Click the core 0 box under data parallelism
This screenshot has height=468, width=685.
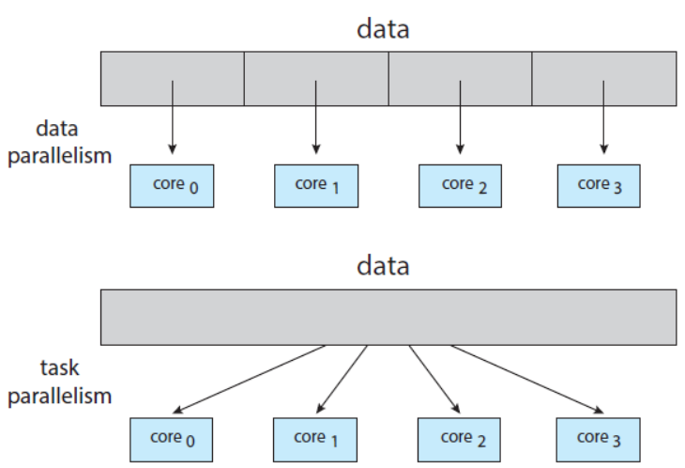click(x=172, y=186)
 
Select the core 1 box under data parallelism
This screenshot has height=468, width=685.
click(x=315, y=186)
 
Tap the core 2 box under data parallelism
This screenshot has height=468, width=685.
click(x=460, y=186)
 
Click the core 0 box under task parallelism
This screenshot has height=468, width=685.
click(x=172, y=439)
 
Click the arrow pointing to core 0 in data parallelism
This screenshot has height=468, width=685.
click(x=172, y=117)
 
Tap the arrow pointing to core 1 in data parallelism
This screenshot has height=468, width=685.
click(x=315, y=117)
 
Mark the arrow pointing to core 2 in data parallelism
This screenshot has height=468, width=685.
click(x=460, y=117)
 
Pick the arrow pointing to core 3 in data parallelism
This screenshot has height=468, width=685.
click(x=603, y=117)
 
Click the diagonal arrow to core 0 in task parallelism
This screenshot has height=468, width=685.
click(x=249, y=379)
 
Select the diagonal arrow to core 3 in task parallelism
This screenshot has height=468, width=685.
click(x=525, y=379)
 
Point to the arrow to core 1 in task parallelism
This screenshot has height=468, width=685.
click(x=342, y=379)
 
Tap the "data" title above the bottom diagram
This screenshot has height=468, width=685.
click(x=383, y=266)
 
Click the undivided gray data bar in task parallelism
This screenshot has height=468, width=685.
click(x=388, y=317)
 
